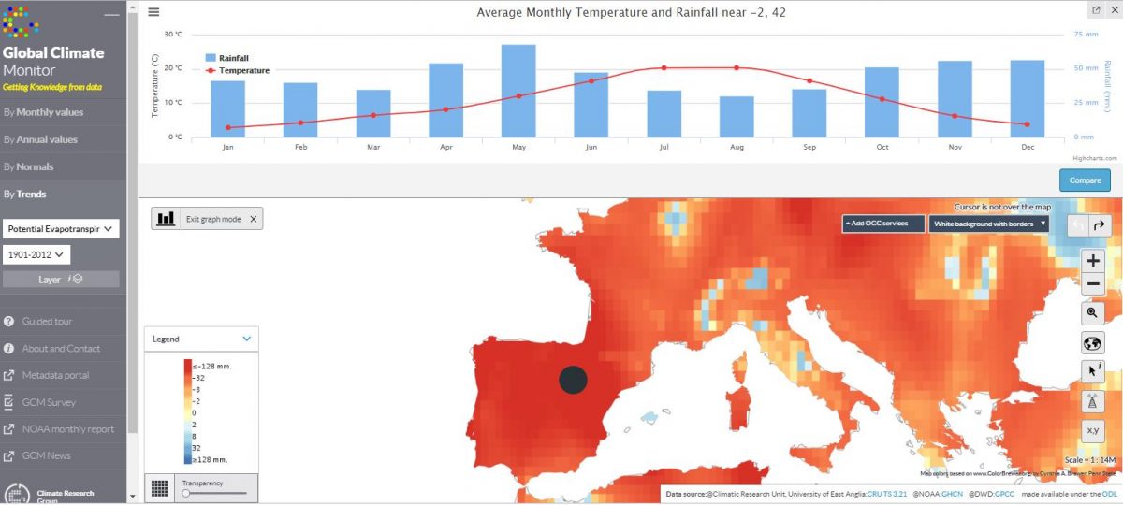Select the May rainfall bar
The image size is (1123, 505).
(518, 90)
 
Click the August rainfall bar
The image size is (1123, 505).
(737, 116)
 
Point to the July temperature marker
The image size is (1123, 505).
(664, 67)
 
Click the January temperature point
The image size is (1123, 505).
(227, 127)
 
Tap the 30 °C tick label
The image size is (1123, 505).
(173, 35)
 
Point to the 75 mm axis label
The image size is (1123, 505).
(1085, 35)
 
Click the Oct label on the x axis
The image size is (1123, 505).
(882, 147)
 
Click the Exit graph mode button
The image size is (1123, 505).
(209, 219)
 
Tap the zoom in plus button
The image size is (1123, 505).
(1093, 261)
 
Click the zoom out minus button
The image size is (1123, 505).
(1093, 283)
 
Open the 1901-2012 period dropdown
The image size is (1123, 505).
(36, 254)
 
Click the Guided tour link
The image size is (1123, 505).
(48, 322)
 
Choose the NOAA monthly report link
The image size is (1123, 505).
(68, 429)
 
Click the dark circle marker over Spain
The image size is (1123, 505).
(573, 380)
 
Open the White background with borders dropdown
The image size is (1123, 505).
(989, 224)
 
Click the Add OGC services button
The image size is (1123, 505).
(883, 224)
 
